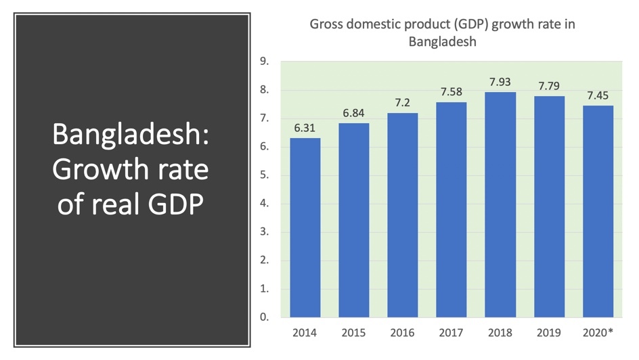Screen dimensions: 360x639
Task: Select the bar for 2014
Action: pos(305,227)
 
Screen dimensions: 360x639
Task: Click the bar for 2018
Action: pos(500,204)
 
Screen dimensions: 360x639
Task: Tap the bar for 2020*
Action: pos(598,211)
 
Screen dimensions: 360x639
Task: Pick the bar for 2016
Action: pos(403,215)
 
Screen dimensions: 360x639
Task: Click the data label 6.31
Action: pos(305,128)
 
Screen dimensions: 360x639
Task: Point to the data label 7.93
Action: pos(500,82)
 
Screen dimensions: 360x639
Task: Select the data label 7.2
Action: pos(403,103)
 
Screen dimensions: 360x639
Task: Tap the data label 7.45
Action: pos(598,95)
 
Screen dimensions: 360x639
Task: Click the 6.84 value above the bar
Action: pos(353,113)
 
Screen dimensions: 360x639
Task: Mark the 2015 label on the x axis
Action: pos(353,333)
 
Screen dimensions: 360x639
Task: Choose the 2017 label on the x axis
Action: pos(451,333)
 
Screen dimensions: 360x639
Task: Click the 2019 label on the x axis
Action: pos(549,333)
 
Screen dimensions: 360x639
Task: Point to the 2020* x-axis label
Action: pos(598,333)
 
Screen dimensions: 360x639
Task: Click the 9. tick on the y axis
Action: pos(264,62)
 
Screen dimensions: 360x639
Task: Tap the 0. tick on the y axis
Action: pos(264,317)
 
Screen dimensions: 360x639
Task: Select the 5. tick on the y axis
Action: pos(264,175)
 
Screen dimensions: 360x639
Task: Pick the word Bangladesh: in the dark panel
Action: pos(131,134)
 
